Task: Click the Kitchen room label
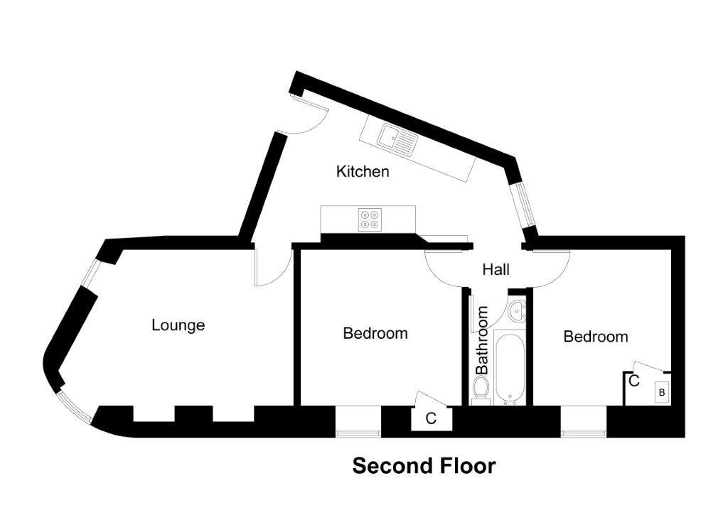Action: (363, 171)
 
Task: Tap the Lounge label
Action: (178, 325)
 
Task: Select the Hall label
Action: (496, 270)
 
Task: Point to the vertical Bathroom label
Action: (483, 340)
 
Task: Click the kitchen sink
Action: (397, 139)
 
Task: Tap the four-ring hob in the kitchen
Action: (369, 219)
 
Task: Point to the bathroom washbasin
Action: (517, 310)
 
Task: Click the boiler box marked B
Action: (661, 392)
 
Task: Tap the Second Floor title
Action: (424, 467)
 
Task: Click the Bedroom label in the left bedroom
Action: (375, 333)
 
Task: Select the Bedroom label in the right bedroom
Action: (596, 337)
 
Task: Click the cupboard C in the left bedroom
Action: (431, 418)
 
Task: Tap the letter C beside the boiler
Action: (634, 381)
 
